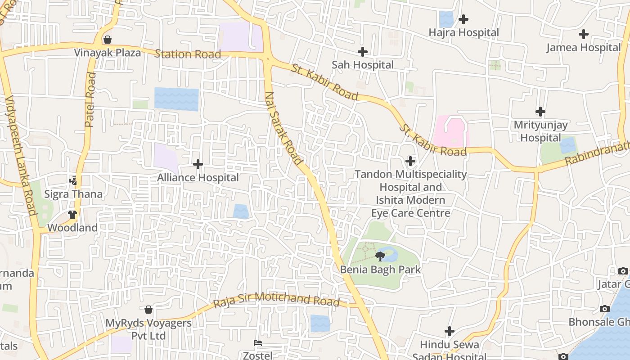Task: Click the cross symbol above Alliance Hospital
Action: [x=198, y=164]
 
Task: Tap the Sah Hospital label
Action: [x=363, y=65]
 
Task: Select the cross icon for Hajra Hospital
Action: [x=463, y=19]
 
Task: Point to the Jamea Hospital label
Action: [x=583, y=47]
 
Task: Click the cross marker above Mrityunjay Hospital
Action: [x=540, y=111]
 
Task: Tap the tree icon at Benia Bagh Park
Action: [x=380, y=256]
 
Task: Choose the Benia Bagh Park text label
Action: [x=381, y=270]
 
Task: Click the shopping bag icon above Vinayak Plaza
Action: [x=108, y=40]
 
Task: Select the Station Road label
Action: [x=188, y=54]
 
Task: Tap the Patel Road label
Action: [x=90, y=100]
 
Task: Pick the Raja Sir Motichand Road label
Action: [x=276, y=299]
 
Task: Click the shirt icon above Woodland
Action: [x=72, y=215]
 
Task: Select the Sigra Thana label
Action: [x=73, y=194]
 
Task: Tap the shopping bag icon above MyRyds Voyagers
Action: [x=148, y=310]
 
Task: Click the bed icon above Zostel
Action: [x=258, y=343]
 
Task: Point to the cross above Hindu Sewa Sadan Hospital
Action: [x=450, y=332]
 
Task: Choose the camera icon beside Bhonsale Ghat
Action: [x=605, y=309]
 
